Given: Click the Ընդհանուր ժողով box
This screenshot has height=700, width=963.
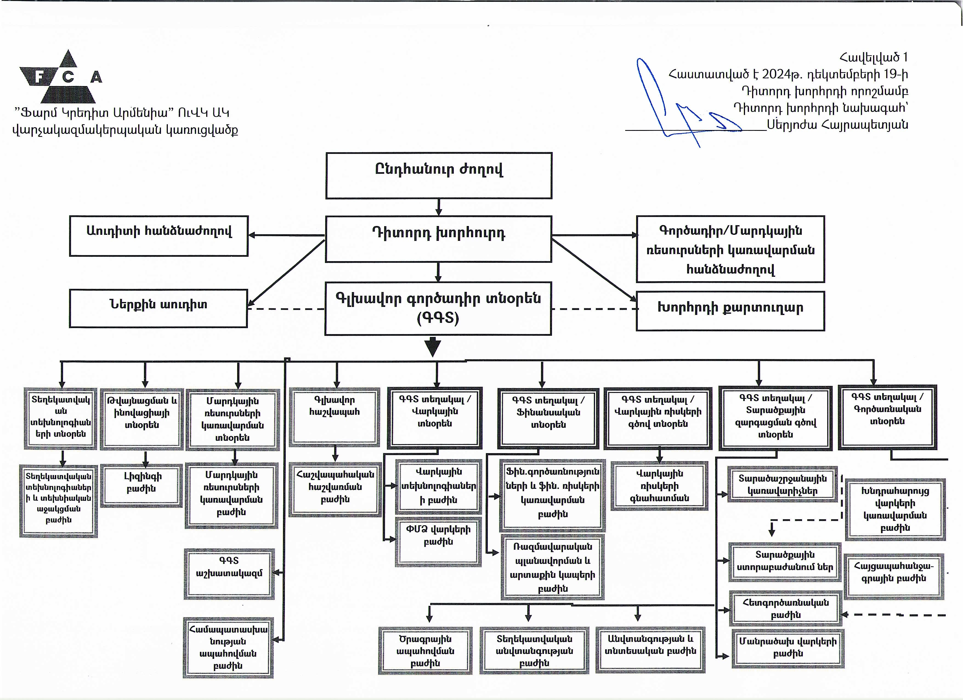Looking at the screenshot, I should coord(439,176).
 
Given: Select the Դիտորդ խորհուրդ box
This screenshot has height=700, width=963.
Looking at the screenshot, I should coord(439,238).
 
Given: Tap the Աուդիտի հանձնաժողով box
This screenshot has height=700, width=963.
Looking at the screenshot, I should coord(159,236).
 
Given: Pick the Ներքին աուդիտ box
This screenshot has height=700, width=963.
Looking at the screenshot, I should coord(158,308).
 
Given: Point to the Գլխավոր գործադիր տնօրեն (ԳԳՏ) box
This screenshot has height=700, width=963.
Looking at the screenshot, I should coord(438,308).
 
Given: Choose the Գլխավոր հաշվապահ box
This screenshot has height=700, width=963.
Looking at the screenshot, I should coord(335,417).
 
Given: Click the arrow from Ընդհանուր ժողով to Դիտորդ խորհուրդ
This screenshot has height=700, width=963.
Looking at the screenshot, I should coord(439,207).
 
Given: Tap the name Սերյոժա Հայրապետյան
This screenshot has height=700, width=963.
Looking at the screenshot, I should coord(837,125).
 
